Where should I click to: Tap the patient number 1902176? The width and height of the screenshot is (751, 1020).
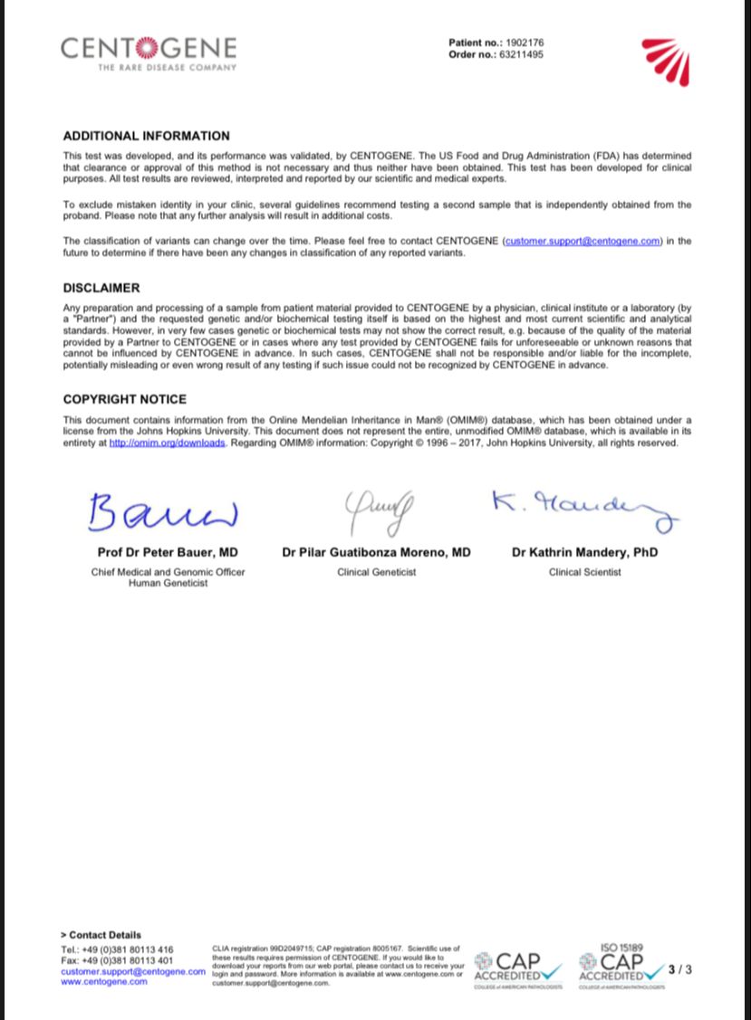click(x=525, y=43)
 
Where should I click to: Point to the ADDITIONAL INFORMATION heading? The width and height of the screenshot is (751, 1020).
click(x=146, y=136)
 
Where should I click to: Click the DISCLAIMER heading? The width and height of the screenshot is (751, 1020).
click(x=101, y=288)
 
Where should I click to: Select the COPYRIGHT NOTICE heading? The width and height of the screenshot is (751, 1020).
click(x=125, y=399)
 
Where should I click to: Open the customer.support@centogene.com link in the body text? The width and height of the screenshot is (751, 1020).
click(x=582, y=241)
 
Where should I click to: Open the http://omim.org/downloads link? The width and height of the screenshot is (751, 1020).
click(x=167, y=443)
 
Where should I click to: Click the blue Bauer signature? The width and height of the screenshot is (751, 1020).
click(x=162, y=512)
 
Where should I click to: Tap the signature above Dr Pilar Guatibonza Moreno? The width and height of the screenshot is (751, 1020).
click(x=376, y=513)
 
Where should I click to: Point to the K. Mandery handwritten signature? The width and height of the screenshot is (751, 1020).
click(x=584, y=510)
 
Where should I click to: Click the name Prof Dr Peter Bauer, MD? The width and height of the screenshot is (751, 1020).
click(x=168, y=552)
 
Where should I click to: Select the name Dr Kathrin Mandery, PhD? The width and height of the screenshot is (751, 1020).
click(x=584, y=552)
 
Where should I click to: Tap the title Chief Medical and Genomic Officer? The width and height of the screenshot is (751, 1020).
click(x=168, y=572)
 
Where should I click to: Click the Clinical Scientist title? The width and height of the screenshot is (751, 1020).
click(x=584, y=572)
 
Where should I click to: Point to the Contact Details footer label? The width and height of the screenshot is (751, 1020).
click(x=101, y=935)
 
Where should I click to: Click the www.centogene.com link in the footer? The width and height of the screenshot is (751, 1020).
click(x=103, y=981)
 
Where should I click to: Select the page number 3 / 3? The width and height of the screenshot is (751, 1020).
click(x=679, y=969)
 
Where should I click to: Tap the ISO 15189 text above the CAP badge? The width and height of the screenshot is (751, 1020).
click(x=621, y=948)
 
